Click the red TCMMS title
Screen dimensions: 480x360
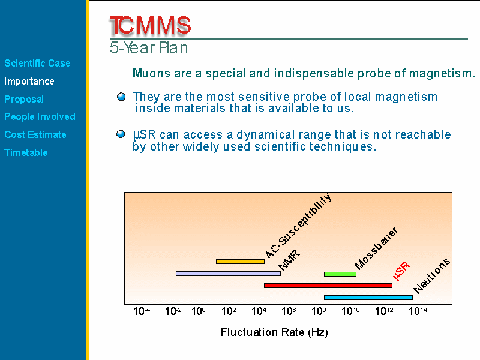pos(150,25)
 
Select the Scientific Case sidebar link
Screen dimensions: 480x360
pos(37,63)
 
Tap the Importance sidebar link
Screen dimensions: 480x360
pos(29,81)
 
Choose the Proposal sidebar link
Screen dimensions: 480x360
pos(24,99)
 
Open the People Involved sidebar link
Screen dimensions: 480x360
pos(40,116)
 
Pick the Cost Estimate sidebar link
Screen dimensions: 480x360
pos(35,134)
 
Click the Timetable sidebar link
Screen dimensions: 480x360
pos(26,152)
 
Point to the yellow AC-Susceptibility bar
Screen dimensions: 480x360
pos(241,262)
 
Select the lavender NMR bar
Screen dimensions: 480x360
pos(229,274)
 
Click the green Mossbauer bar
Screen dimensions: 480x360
pos(340,274)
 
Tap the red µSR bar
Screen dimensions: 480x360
pos(328,286)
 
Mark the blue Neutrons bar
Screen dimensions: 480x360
pos(368,297)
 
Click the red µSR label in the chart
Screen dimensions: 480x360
pos(401,271)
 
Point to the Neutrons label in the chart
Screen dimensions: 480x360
pos(431,275)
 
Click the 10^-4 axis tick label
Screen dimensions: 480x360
pos(142,311)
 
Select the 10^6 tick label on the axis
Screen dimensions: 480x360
pos(289,311)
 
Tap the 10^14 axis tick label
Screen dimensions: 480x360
pos(418,311)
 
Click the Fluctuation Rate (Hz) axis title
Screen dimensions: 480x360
pos(274,332)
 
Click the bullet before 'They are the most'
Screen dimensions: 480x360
pos(121,97)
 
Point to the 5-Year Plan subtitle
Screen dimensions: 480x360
pos(149,48)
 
